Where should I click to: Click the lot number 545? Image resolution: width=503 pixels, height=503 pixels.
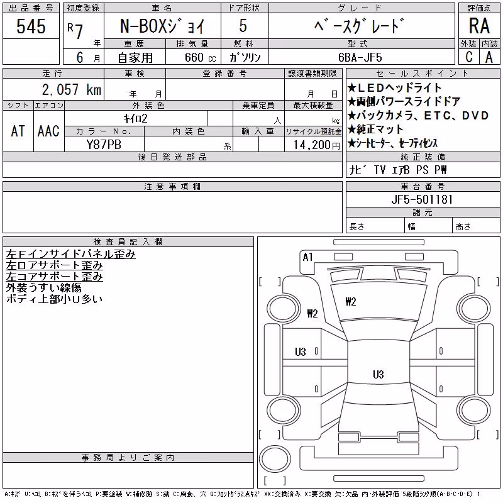(x=31, y=26)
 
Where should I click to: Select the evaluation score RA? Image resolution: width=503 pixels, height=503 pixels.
(x=479, y=26)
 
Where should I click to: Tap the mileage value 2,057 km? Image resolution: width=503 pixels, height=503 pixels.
(x=72, y=89)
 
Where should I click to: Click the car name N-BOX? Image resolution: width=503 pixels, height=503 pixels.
(x=140, y=26)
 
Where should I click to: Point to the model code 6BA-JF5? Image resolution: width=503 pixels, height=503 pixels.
(x=360, y=57)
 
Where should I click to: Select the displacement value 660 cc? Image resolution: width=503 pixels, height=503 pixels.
(x=201, y=57)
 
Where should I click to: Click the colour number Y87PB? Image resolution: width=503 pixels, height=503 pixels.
(x=104, y=145)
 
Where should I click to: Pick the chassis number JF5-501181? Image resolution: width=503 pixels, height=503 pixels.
(x=422, y=199)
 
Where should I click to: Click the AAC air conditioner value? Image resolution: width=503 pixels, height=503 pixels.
(x=48, y=131)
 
